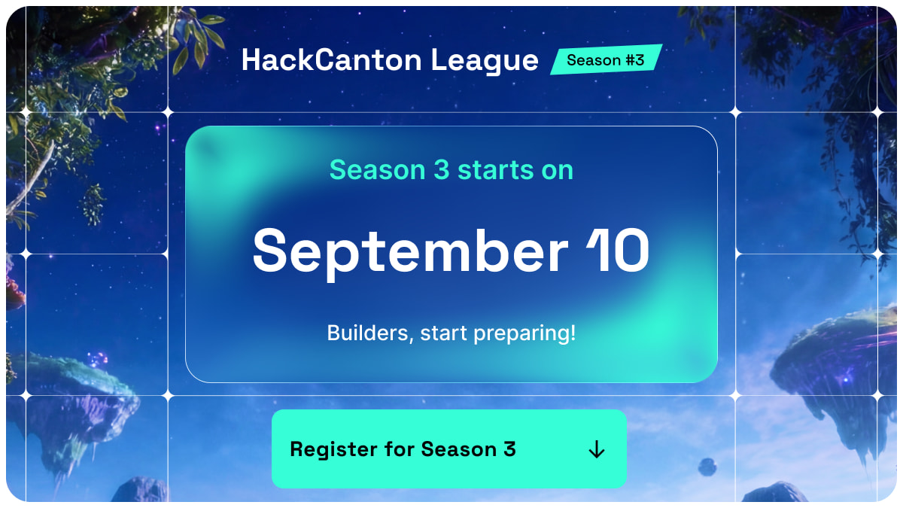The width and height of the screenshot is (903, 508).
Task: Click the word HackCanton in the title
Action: pyautogui.click(x=332, y=60)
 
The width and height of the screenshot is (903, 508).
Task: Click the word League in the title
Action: pyautogui.click(x=485, y=61)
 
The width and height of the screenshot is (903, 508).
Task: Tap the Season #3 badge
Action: pyautogui.click(x=606, y=59)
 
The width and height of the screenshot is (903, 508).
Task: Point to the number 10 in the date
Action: pyautogui.click(x=618, y=250)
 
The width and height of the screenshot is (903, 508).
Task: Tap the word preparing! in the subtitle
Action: pyautogui.click(x=524, y=334)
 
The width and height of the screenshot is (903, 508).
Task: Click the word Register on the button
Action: pyautogui.click(x=333, y=449)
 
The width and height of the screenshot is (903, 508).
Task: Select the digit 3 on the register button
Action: pyautogui.click(x=509, y=449)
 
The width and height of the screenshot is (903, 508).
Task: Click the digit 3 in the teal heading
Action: pyautogui.click(x=442, y=169)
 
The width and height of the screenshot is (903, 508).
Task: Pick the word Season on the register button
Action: pyautogui.click(x=459, y=449)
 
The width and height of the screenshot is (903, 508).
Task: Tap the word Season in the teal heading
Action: pyautogui.click(x=377, y=170)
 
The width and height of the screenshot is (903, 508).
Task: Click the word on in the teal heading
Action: pyautogui.click(x=557, y=171)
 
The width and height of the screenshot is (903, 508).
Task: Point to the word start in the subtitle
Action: pyautogui.click(x=444, y=333)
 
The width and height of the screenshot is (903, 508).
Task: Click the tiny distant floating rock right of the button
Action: pyautogui.click(x=707, y=467)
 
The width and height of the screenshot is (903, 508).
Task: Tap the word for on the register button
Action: pyautogui.click(x=399, y=449)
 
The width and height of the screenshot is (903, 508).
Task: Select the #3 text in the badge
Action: pyautogui.click(x=635, y=60)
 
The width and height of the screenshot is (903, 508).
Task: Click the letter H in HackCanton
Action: pyautogui.click(x=251, y=60)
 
